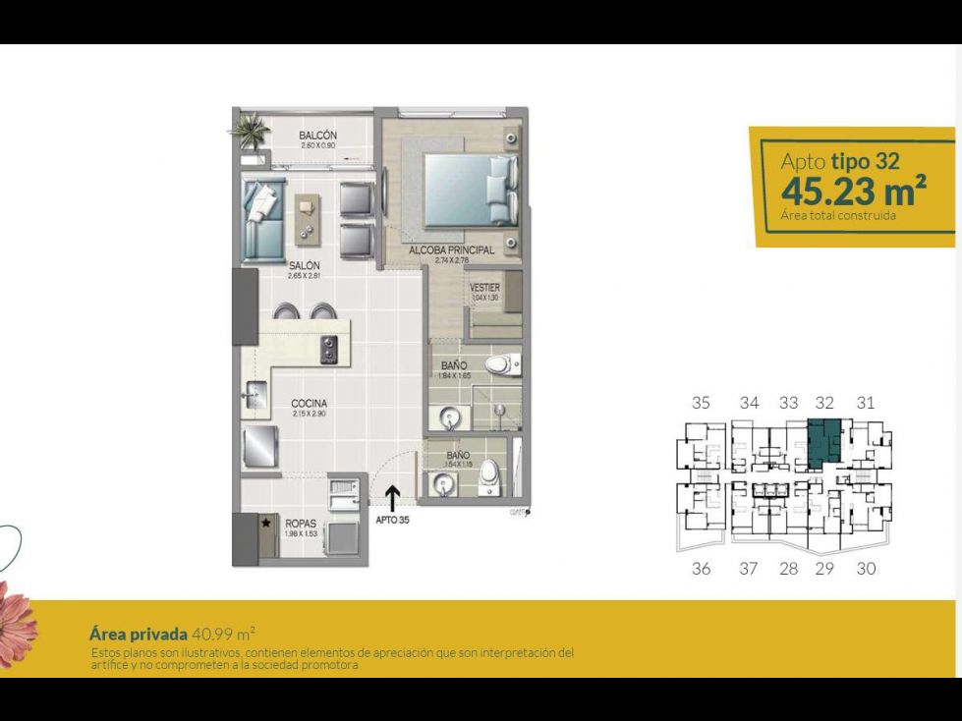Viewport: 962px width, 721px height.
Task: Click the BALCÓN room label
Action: (318, 136)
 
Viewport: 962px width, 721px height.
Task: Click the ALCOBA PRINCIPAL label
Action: (451, 251)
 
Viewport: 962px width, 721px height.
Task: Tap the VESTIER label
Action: (485, 288)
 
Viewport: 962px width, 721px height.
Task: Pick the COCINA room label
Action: (309, 404)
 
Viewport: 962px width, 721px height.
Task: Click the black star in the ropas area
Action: (265, 524)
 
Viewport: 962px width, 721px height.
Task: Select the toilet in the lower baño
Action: (492, 479)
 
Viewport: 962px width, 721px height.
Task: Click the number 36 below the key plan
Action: (701, 568)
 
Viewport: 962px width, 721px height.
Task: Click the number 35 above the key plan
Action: (701, 402)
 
